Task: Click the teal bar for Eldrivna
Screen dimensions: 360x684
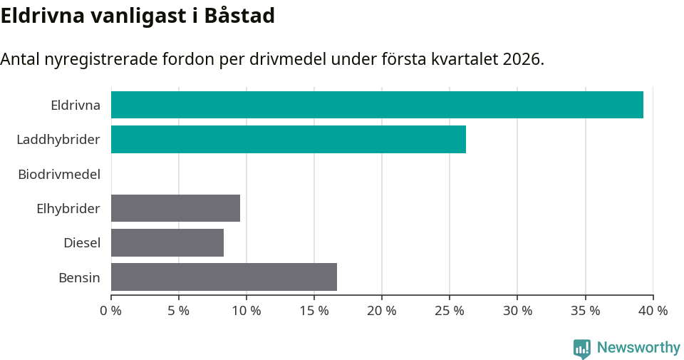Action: pos(377,105)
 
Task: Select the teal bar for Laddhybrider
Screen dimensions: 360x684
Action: pos(289,139)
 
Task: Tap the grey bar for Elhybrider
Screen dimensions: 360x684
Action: pos(175,208)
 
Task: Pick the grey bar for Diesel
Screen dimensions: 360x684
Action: pos(167,242)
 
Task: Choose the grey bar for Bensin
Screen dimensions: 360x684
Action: pos(224,277)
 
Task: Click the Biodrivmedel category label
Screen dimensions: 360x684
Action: pos(59,174)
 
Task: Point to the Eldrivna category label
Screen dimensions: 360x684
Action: pos(75,105)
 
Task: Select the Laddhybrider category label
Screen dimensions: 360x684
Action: pos(58,139)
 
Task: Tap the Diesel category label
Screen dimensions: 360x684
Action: pos(81,243)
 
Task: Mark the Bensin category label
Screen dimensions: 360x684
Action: pos(79,277)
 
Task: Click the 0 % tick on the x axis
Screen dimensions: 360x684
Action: pos(111,311)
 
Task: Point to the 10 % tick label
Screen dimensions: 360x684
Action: pos(247,311)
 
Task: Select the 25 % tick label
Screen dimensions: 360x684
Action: pos(450,311)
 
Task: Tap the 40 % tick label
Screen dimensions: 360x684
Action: pos(653,311)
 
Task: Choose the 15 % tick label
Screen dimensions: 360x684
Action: pos(314,311)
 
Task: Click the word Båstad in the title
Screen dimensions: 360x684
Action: pos(239,16)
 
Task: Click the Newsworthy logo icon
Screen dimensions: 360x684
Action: pos(581,349)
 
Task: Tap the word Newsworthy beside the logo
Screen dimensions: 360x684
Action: pos(638,348)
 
